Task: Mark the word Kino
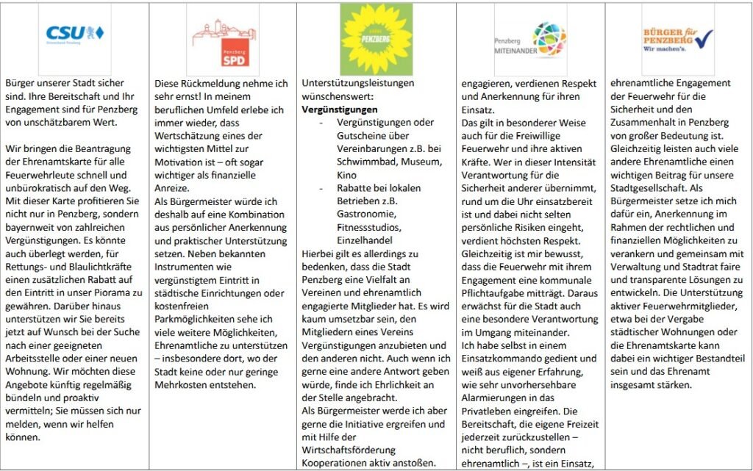coord(347,175)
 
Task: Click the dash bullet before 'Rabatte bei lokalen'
coord(321,188)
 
